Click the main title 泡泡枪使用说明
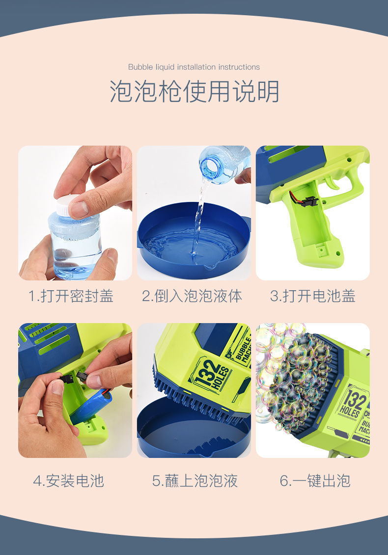194,91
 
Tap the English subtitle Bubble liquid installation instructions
194,67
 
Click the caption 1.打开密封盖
71,296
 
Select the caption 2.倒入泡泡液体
192,296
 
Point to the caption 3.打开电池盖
313,296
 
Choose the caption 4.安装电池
69,481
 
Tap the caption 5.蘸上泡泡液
195,481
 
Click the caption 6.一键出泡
315,481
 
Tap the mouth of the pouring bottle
209,169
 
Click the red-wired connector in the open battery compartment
308,201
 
